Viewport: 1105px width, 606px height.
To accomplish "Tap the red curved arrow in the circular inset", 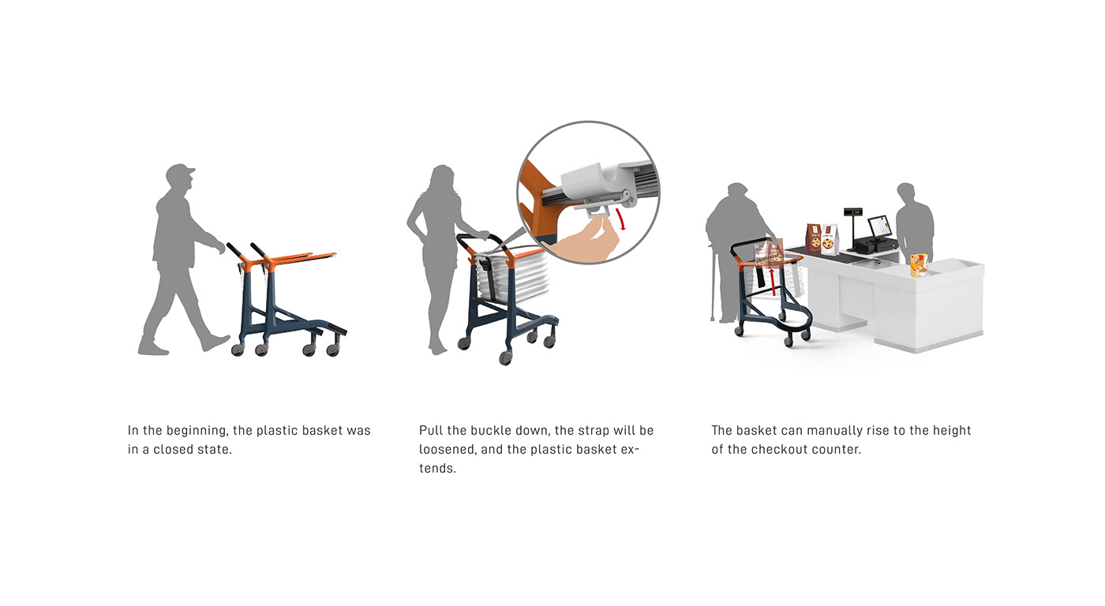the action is point(621,219).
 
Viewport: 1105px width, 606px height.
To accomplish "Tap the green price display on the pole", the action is point(852,211).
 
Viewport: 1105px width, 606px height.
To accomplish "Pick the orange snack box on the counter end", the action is point(919,265).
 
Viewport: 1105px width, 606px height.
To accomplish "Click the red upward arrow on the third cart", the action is point(773,282).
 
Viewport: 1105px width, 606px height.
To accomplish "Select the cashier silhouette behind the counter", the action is point(914,222).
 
